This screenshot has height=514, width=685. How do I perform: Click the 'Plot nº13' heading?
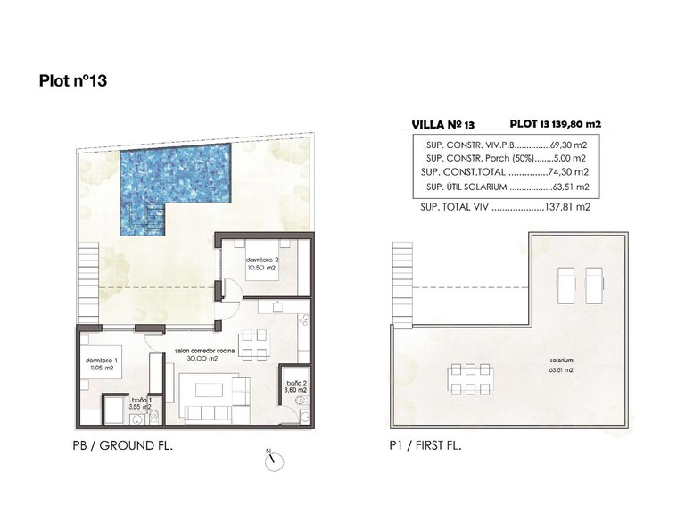tap(73, 81)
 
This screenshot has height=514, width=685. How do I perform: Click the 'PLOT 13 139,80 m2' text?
tap(554, 125)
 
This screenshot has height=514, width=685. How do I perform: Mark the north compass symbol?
tap(273, 460)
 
